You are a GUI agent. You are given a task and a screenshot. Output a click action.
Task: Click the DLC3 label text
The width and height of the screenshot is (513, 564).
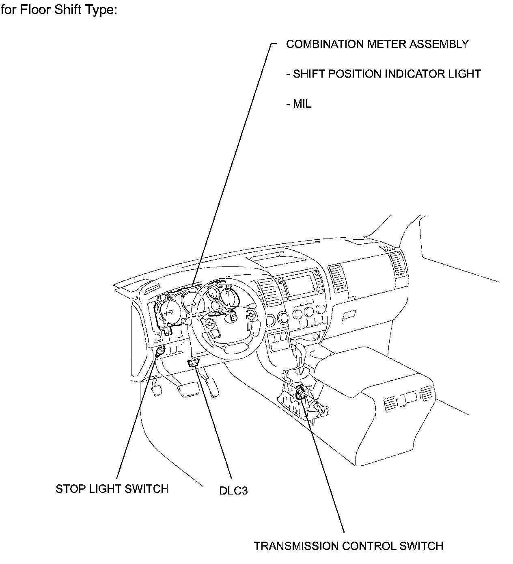pos(233,490)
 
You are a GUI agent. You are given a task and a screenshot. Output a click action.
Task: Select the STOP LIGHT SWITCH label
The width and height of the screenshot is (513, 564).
pos(112,488)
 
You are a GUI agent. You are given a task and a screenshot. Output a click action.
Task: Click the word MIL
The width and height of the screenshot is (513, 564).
pos(302,104)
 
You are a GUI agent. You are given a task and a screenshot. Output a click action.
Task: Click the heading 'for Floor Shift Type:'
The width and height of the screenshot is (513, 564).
pos(59,10)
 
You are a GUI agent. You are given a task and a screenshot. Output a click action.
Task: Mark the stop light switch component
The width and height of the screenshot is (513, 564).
pos(160,351)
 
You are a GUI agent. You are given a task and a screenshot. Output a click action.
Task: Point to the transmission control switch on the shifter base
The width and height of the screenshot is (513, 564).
pos(301,393)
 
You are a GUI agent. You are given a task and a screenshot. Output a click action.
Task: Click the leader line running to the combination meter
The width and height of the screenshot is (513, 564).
pos(231,163)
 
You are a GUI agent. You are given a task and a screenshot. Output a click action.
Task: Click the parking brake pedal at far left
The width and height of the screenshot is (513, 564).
pos(157,390)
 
